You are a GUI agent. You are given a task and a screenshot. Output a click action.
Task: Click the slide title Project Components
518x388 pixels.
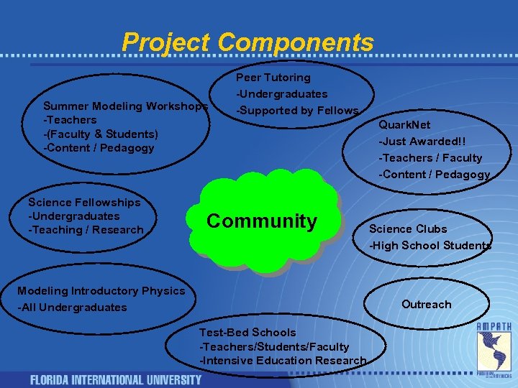pyautogui.click(x=247, y=42)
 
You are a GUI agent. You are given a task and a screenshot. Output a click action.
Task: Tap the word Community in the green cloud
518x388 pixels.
pyautogui.click(x=261, y=221)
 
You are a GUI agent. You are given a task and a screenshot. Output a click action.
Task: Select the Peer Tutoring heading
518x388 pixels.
pyautogui.click(x=273, y=78)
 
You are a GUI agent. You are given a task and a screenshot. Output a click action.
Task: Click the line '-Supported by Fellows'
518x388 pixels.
pyautogui.click(x=297, y=111)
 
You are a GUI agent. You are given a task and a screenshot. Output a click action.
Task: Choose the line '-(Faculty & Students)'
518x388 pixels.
pyautogui.click(x=101, y=134)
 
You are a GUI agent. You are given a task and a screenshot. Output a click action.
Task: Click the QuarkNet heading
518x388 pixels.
pyautogui.click(x=405, y=125)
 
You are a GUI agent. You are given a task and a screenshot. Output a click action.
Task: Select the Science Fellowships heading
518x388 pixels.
pyautogui.click(x=84, y=203)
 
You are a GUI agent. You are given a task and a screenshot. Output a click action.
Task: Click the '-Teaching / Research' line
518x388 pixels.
pyautogui.click(x=86, y=230)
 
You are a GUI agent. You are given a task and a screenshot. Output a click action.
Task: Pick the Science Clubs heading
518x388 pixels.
pyautogui.click(x=408, y=229)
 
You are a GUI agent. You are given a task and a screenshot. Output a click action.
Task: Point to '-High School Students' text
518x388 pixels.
pyautogui.click(x=430, y=246)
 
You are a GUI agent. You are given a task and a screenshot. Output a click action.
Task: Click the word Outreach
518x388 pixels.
pyautogui.click(x=427, y=305)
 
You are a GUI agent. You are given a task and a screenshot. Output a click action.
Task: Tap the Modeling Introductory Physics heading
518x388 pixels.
pyautogui.click(x=101, y=291)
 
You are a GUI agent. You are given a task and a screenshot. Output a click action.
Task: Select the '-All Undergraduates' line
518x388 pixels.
pyautogui.click(x=72, y=308)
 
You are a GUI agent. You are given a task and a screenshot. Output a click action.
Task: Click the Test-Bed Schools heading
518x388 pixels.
pyautogui.click(x=247, y=333)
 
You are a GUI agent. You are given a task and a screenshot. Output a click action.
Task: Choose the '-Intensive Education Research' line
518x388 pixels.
pyautogui.click(x=283, y=361)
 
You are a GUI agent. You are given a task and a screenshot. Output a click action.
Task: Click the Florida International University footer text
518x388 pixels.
pyautogui.click(x=116, y=379)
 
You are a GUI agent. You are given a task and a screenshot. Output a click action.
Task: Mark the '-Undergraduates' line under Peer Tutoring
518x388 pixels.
pyautogui.click(x=281, y=94)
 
